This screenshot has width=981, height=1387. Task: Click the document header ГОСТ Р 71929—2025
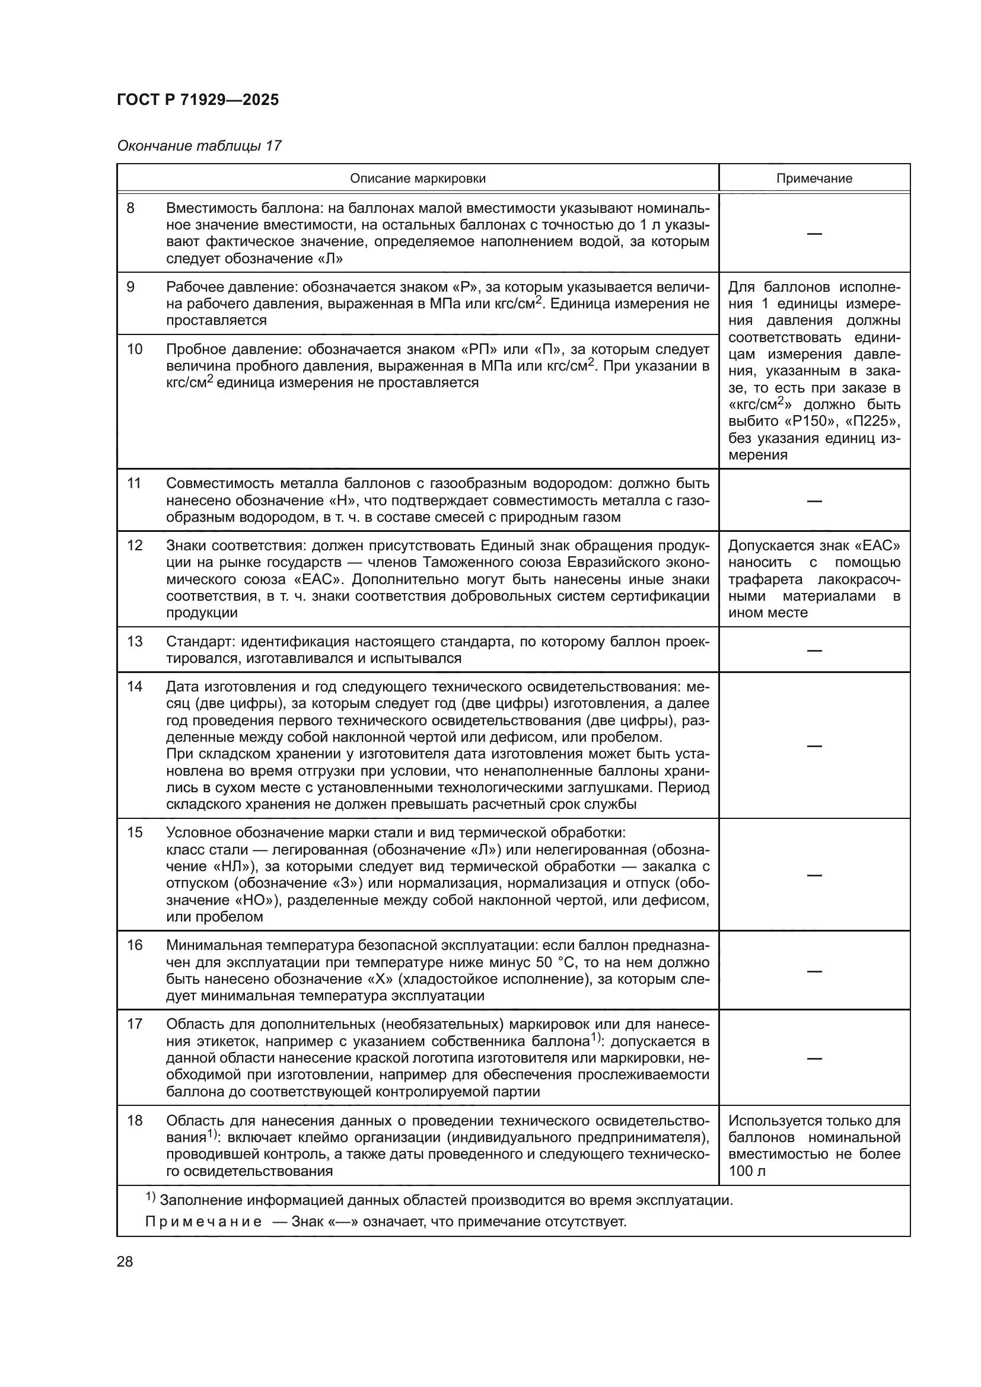[198, 100]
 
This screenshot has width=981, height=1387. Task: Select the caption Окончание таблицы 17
[199, 146]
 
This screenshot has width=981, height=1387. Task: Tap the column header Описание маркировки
[418, 178]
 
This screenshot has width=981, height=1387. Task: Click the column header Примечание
[814, 178]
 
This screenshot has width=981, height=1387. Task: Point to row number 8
[130, 208]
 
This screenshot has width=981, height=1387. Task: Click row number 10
[134, 349]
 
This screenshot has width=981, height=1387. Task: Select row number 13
[134, 641]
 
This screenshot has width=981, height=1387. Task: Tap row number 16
[134, 945]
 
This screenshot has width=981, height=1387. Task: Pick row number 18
[134, 1121]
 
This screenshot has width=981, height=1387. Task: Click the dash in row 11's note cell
[814, 501]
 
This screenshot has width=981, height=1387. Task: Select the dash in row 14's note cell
[814, 745]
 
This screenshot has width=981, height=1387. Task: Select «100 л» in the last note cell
[747, 1171]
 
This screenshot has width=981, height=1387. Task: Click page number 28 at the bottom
[125, 1262]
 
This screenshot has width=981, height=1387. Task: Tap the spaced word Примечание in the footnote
[203, 1222]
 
